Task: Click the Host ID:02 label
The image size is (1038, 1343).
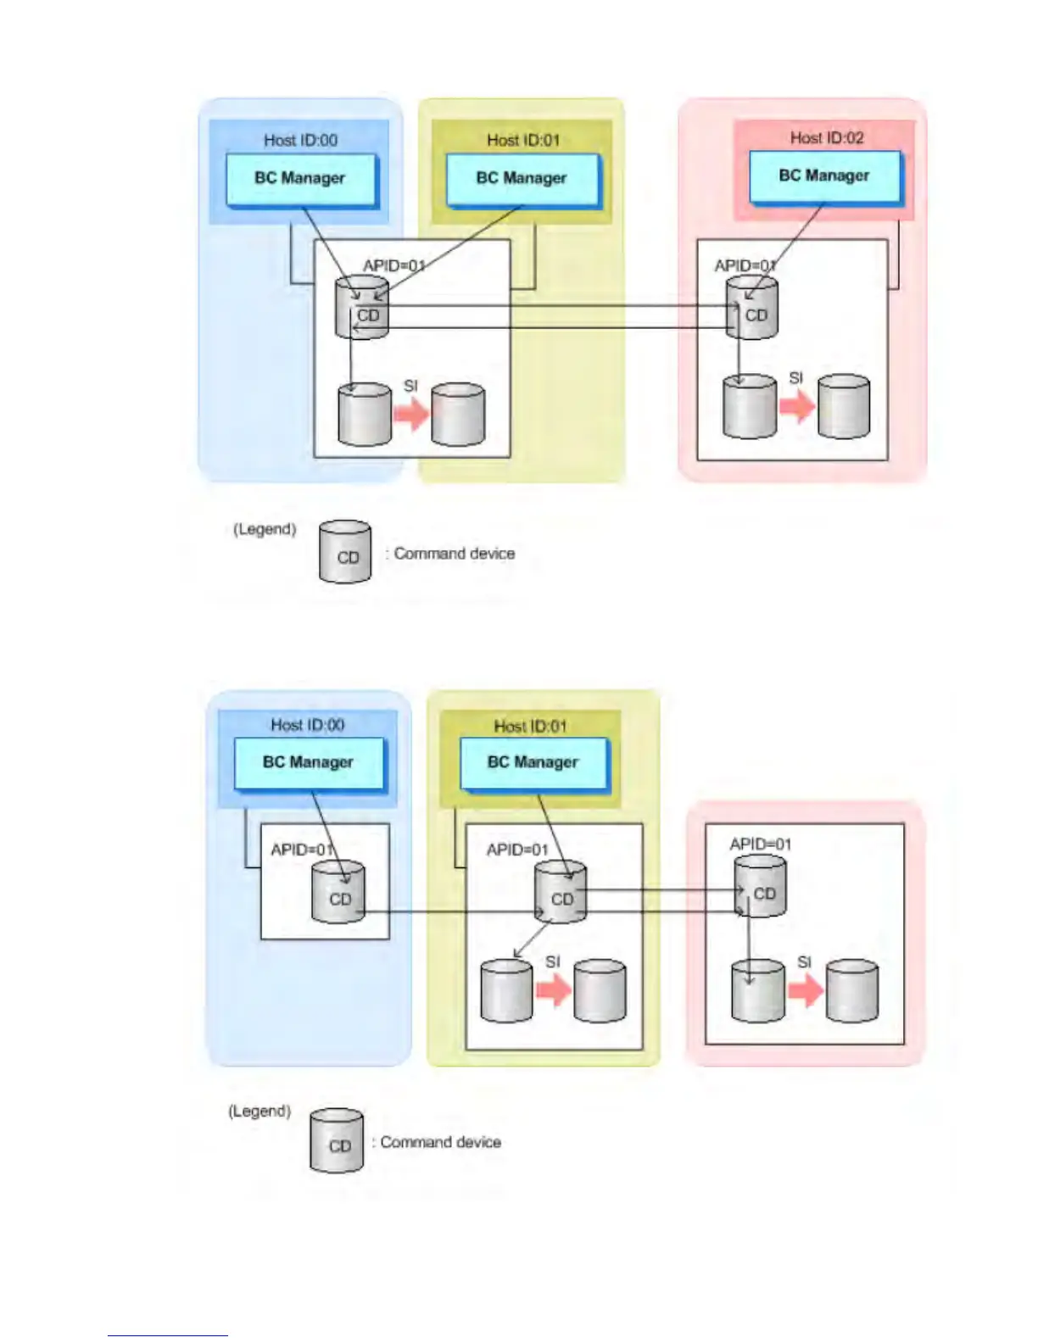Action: (827, 137)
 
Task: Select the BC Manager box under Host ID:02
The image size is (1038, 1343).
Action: (824, 176)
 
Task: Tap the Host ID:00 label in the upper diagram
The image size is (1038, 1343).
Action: (300, 140)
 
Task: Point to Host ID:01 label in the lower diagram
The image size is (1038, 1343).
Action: (530, 726)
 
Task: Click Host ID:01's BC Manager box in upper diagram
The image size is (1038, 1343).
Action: (522, 178)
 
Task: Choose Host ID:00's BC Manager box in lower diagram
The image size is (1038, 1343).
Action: (308, 762)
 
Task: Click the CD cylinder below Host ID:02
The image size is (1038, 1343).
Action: (752, 309)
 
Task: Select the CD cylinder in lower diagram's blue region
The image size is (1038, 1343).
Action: (338, 893)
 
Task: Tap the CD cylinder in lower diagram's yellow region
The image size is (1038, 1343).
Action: (561, 893)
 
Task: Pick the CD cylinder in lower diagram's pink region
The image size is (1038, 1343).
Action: (760, 887)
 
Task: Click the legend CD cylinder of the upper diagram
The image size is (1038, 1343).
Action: (345, 552)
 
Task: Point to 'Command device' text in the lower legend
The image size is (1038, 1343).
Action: (440, 1142)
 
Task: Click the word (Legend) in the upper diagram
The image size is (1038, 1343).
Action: (265, 529)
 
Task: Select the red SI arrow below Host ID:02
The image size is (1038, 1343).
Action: (796, 407)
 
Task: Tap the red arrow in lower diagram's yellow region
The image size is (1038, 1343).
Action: (553, 989)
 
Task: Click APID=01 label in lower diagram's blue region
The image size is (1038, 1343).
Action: (302, 850)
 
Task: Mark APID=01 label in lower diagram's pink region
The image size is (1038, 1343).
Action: (760, 844)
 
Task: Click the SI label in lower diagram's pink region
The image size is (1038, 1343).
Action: (804, 962)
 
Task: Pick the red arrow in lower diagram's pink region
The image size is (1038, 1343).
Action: (805, 989)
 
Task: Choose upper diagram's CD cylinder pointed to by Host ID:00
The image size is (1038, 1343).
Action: (363, 309)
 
